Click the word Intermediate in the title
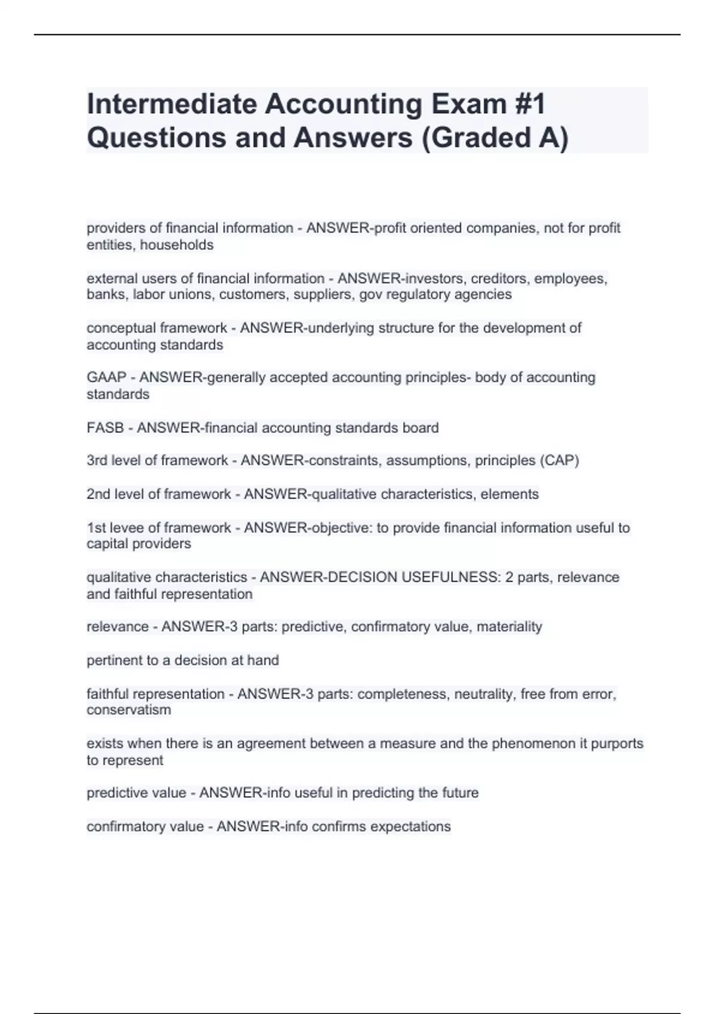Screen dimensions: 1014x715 (171, 104)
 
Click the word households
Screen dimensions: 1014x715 (176, 245)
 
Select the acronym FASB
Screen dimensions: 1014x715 (105, 428)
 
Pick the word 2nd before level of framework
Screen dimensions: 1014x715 (98, 494)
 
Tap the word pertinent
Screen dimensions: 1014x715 (113, 661)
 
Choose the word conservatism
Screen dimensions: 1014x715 (129, 710)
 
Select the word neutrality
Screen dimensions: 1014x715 (485, 694)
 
